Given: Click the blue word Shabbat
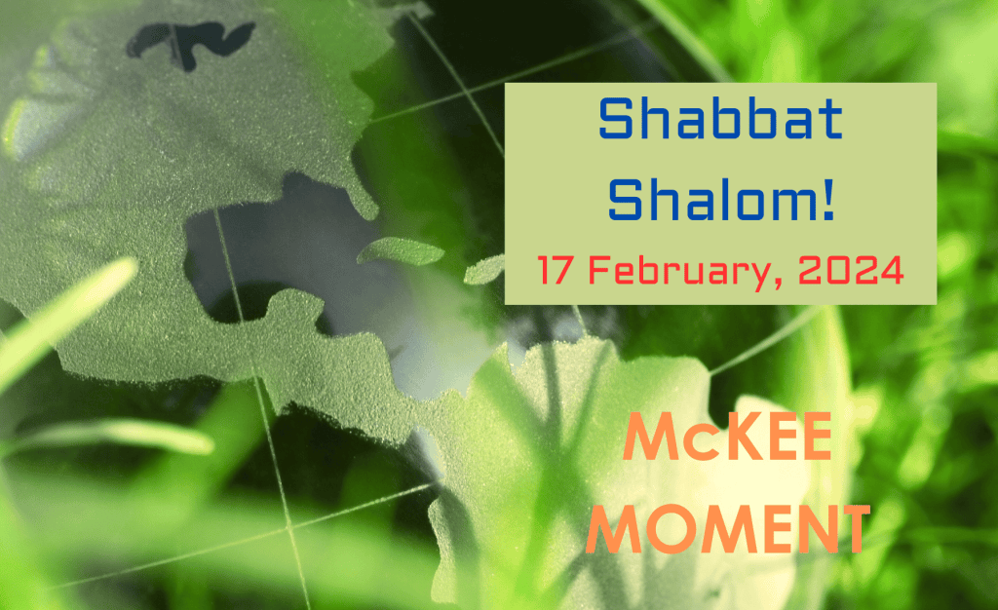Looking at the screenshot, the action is click(720, 119).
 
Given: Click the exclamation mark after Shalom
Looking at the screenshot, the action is click(828, 200).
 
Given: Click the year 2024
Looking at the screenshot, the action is click(851, 270).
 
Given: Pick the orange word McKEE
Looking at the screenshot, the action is click(727, 437).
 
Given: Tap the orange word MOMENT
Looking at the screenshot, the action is click(727, 527).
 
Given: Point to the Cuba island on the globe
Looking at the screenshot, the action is click(401, 251).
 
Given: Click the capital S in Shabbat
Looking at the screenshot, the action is click(617, 119).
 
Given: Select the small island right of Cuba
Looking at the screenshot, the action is click(483, 270).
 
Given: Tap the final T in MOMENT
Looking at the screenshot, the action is click(852, 528).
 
